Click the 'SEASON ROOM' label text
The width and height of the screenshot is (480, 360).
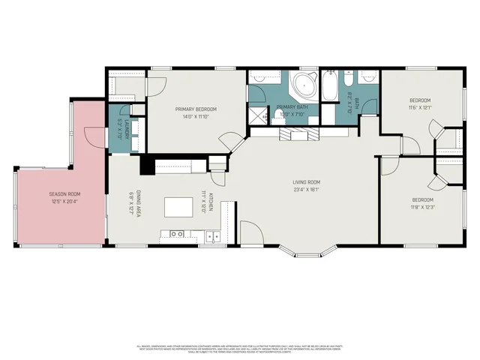(64, 193)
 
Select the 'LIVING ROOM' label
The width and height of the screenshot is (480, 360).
(306, 181)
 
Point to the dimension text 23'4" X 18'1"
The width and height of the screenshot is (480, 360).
(306, 189)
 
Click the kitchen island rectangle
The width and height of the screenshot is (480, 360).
(178, 206)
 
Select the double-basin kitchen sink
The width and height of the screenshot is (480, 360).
(213, 236)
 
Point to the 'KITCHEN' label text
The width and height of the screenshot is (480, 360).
(212, 203)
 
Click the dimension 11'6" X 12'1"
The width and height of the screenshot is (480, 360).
(419, 108)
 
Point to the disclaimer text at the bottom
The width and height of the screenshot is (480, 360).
(240, 349)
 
